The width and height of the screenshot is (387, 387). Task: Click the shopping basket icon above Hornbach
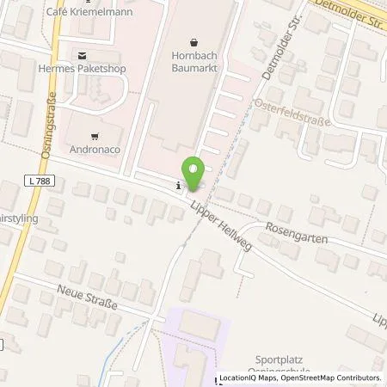(193, 40)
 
